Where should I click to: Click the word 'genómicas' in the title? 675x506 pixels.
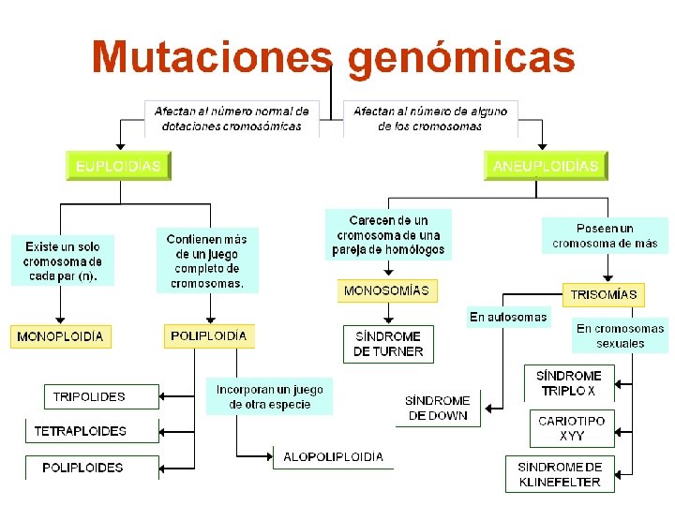pos(461,57)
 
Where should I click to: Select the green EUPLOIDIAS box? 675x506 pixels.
pos(118,166)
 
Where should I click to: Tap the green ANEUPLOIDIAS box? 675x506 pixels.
pos(546,166)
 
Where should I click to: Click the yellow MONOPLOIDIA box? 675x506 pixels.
pos(60,336)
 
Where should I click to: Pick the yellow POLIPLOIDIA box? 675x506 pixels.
pos(209,335)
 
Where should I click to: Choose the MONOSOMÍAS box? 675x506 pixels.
pos(386,290)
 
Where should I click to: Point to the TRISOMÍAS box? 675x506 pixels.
pos(604,294)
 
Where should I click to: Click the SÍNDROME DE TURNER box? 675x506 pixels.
pos(388,344)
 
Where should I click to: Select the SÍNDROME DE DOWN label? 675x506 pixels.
pos(439,408)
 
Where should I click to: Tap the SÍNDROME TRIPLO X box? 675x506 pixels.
pos(568,383)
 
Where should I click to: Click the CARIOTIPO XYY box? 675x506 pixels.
pos(572,428)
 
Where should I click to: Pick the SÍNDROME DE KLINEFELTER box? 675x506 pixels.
pos(561,474)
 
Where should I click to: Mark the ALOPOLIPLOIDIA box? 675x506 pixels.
pos(334,457)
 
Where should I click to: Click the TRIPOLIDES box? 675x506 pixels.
pos(89,396)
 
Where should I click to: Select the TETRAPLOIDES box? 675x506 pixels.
pos(81,432)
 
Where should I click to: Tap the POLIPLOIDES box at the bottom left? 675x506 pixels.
pos(82,467)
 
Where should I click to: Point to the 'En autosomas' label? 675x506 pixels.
pos(508,317)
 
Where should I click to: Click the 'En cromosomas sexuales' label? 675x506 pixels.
pos(621,335)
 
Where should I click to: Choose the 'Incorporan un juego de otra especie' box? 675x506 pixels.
pos(270,396)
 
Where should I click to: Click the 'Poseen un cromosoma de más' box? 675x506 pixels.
pos(605,235)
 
